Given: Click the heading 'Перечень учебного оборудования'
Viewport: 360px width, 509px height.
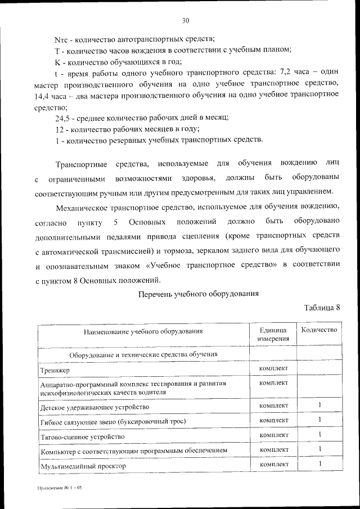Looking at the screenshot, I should [199, 294].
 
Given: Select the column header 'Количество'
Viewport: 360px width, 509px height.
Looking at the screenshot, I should [319, 330].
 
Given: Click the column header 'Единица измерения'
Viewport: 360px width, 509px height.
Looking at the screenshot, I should [273, 334].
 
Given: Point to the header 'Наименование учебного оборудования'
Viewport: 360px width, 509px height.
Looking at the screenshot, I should [143, 332].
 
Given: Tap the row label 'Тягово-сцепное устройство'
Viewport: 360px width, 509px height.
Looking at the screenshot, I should [82, 437].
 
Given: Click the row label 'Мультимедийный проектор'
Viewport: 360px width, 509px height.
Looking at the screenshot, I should [83, 466].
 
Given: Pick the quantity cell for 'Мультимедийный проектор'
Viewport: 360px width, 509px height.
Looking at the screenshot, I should [319, 464].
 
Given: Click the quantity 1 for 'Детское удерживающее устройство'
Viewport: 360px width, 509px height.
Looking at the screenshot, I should [319, 405].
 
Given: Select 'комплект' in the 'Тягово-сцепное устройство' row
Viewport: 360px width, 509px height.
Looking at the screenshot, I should [273, 435].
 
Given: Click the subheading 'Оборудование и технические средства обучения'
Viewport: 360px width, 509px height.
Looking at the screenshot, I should [143, 355].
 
